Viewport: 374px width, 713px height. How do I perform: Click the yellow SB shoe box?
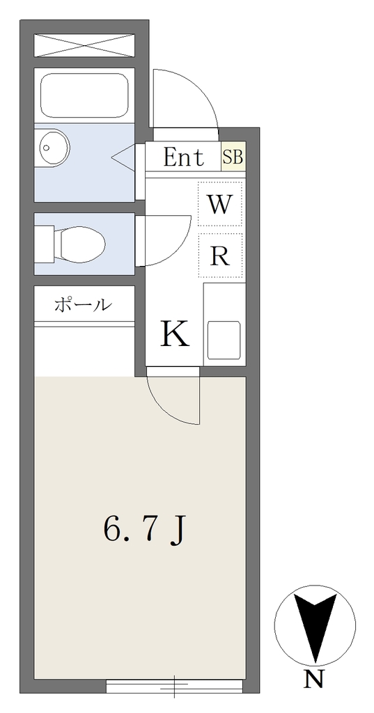[x=233, y=157]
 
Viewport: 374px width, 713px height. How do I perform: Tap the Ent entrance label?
[x=184, y=157]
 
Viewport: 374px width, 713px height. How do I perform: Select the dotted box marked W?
[x=220, y=204]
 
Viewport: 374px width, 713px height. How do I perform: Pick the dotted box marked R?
[x=220, y=255]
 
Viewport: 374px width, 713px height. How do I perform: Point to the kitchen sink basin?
[x=224, y=340]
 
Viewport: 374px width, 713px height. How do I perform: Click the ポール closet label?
[x=83, y=305]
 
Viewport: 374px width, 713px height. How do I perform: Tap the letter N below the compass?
[x=313, y=680]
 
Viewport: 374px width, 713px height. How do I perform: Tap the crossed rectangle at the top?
[x=85, y=45]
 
